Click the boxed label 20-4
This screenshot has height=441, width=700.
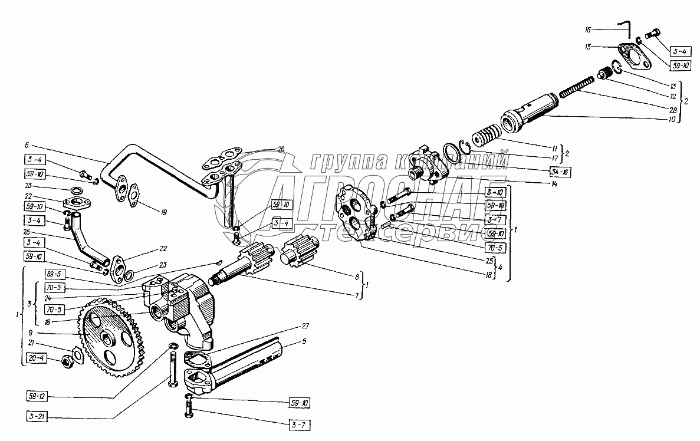[38, 358]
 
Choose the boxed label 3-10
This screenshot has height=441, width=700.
[495, 192]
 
